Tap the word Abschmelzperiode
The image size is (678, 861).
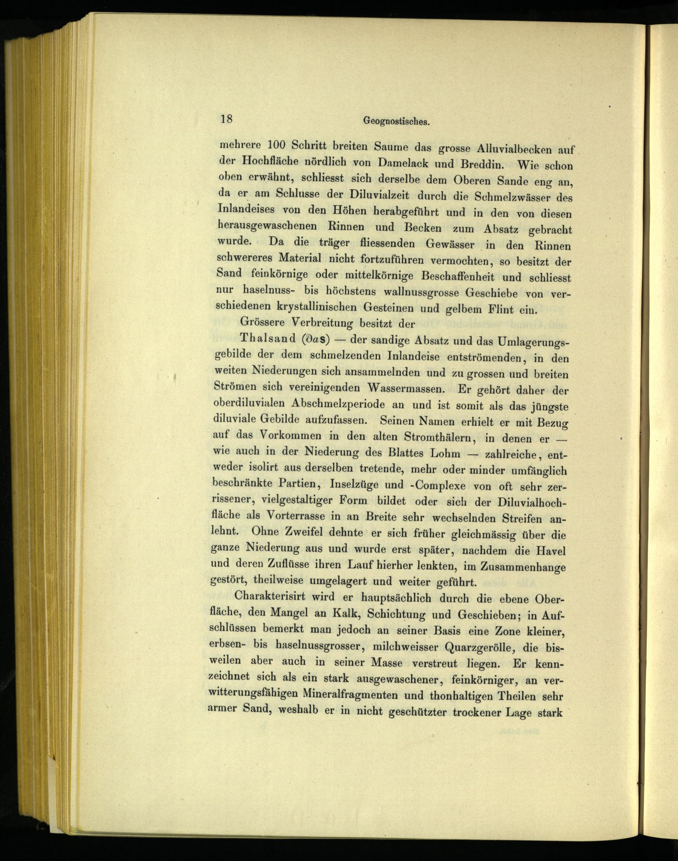[338, 403]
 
